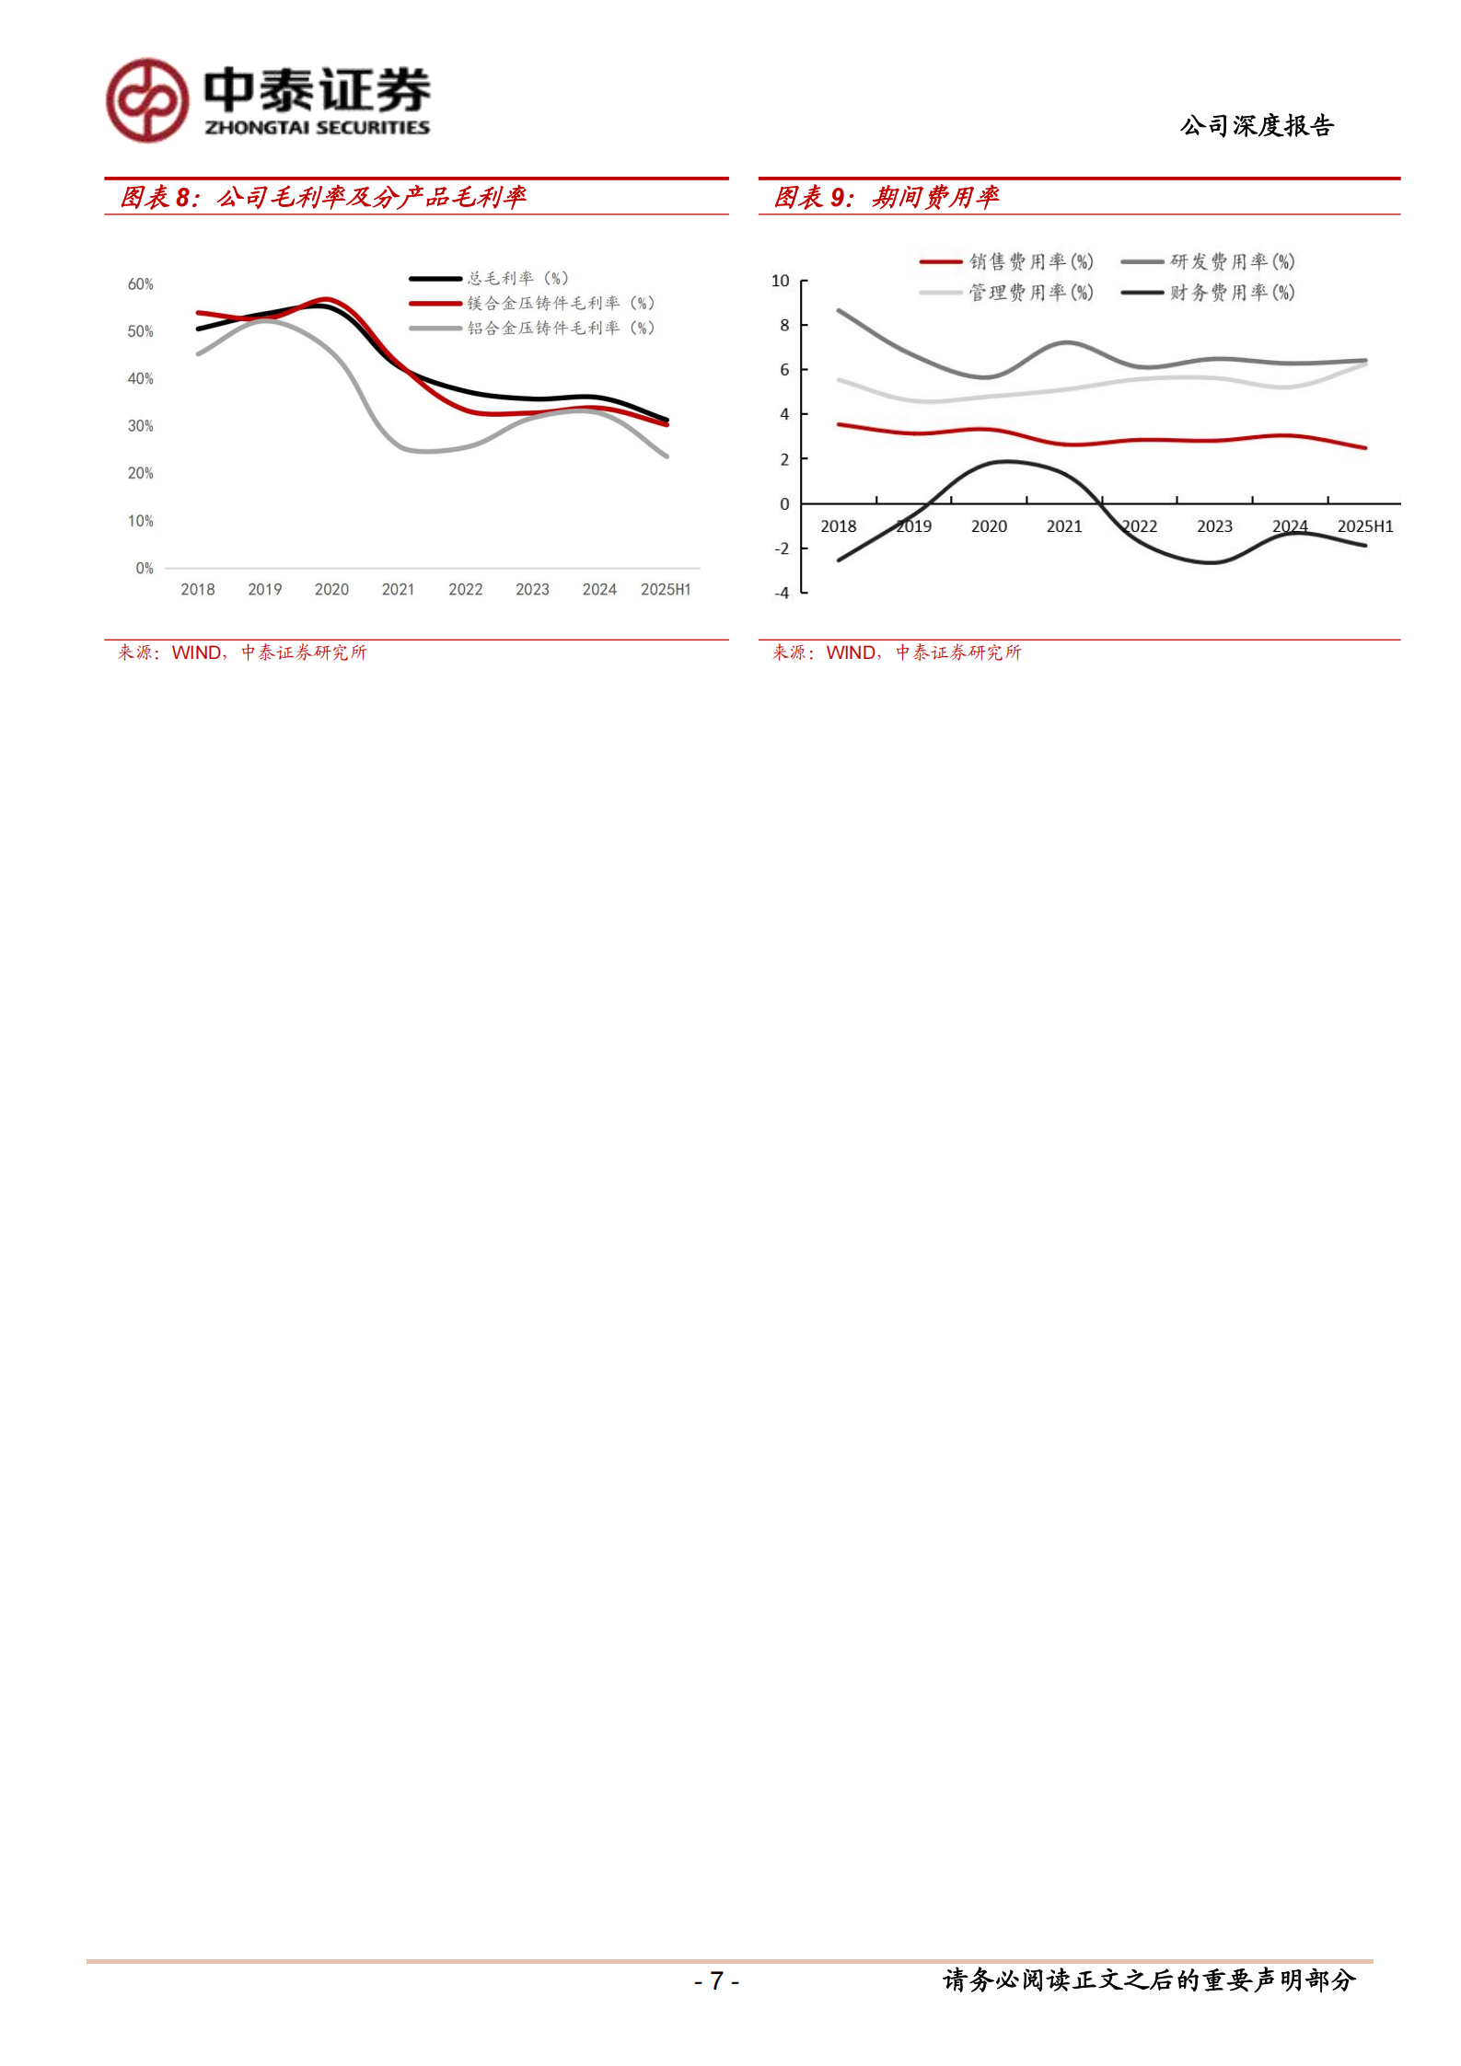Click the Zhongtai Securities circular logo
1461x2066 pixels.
147,100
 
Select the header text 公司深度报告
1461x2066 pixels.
1257,125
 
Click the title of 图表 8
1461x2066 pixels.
323,197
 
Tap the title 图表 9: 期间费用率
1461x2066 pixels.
886,197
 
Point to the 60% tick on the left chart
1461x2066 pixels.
140,284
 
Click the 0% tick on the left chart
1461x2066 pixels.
144,569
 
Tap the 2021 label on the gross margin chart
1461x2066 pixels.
398,590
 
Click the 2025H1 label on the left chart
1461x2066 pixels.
666,590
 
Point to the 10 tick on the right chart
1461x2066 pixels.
780,281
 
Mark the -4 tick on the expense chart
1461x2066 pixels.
781,594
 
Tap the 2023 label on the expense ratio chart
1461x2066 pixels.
1214,526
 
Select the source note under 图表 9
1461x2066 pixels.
897,652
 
